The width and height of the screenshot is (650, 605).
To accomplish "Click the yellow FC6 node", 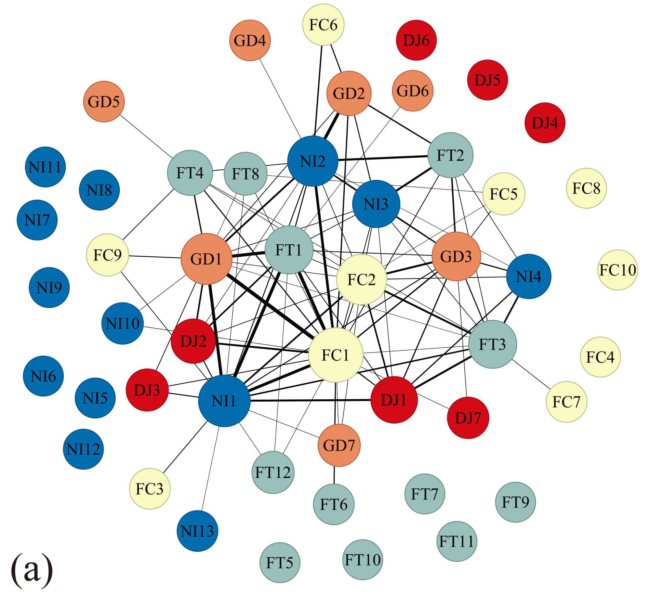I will click(323, 24).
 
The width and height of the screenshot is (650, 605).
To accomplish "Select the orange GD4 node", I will click(250, 41).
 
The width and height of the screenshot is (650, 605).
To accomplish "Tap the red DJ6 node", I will click(416, 40).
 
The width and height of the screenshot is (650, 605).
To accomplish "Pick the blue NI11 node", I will click(45, 167).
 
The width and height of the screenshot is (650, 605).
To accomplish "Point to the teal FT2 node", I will click(450, 155).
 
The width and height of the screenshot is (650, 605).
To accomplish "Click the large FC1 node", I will click(336, 355).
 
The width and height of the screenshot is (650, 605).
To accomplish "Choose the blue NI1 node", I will click(224, 401).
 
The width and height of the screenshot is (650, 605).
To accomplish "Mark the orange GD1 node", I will click(206, 259).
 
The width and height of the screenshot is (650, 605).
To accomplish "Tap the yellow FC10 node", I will click(617, 270).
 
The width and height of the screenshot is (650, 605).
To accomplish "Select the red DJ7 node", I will click(468, 418).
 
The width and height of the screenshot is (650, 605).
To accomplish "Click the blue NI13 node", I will click(197, 531).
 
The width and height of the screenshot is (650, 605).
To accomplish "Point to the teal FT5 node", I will click(280, 563).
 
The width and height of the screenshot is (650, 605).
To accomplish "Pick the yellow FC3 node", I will click(150, 489).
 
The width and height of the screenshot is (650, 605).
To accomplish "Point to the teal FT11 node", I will click(457, 541).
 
